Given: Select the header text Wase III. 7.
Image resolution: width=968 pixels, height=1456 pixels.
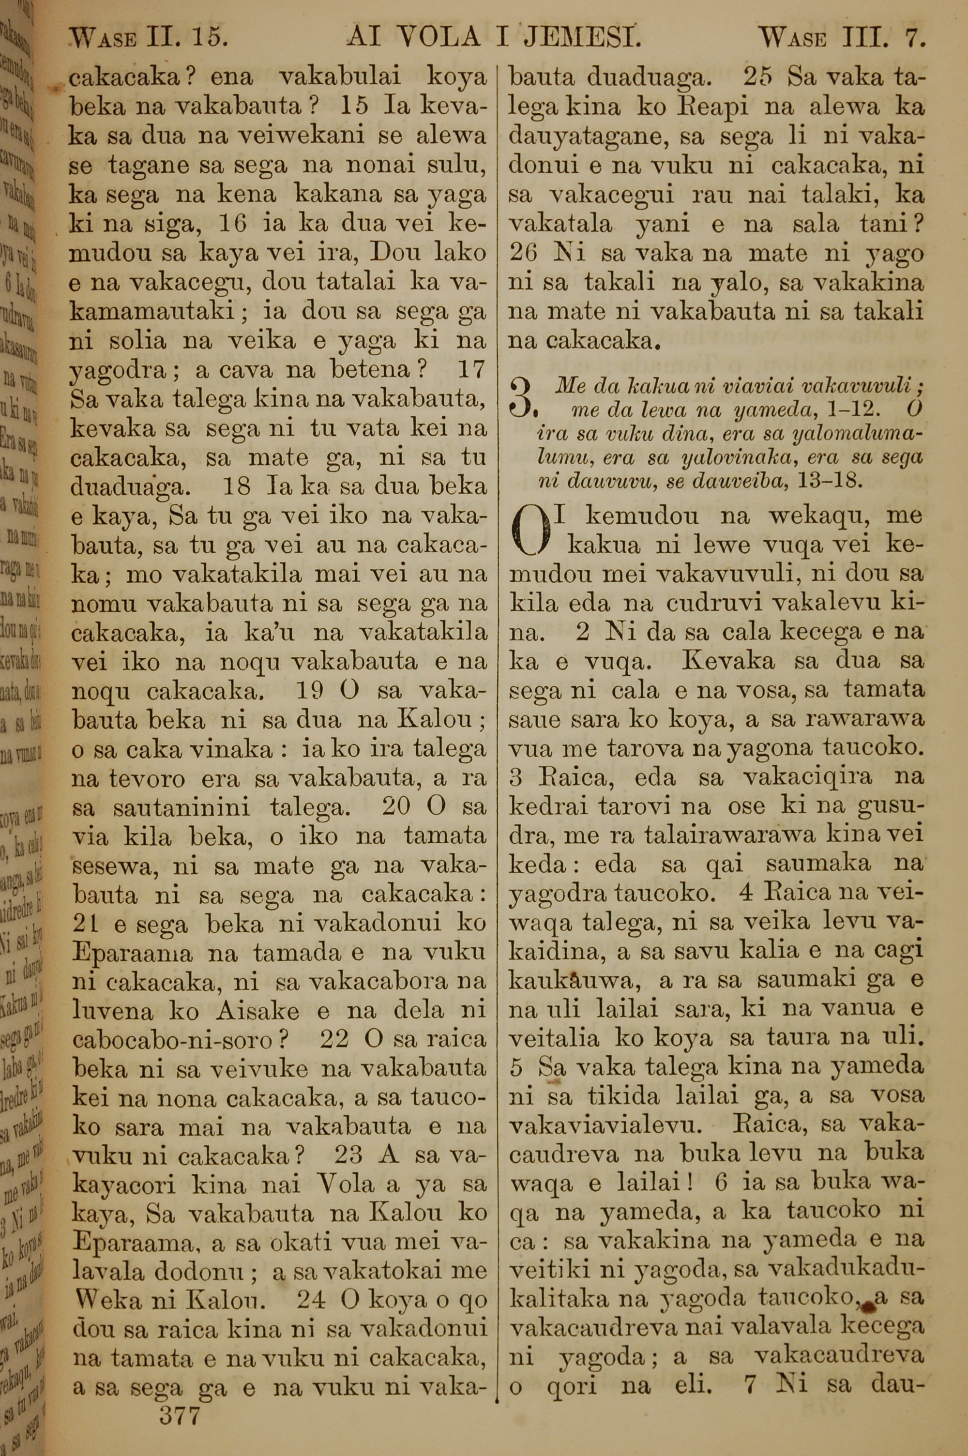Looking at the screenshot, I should (x=843, y=40).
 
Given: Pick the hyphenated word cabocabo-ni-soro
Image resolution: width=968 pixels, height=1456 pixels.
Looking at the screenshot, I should (x=172, y=1041).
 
